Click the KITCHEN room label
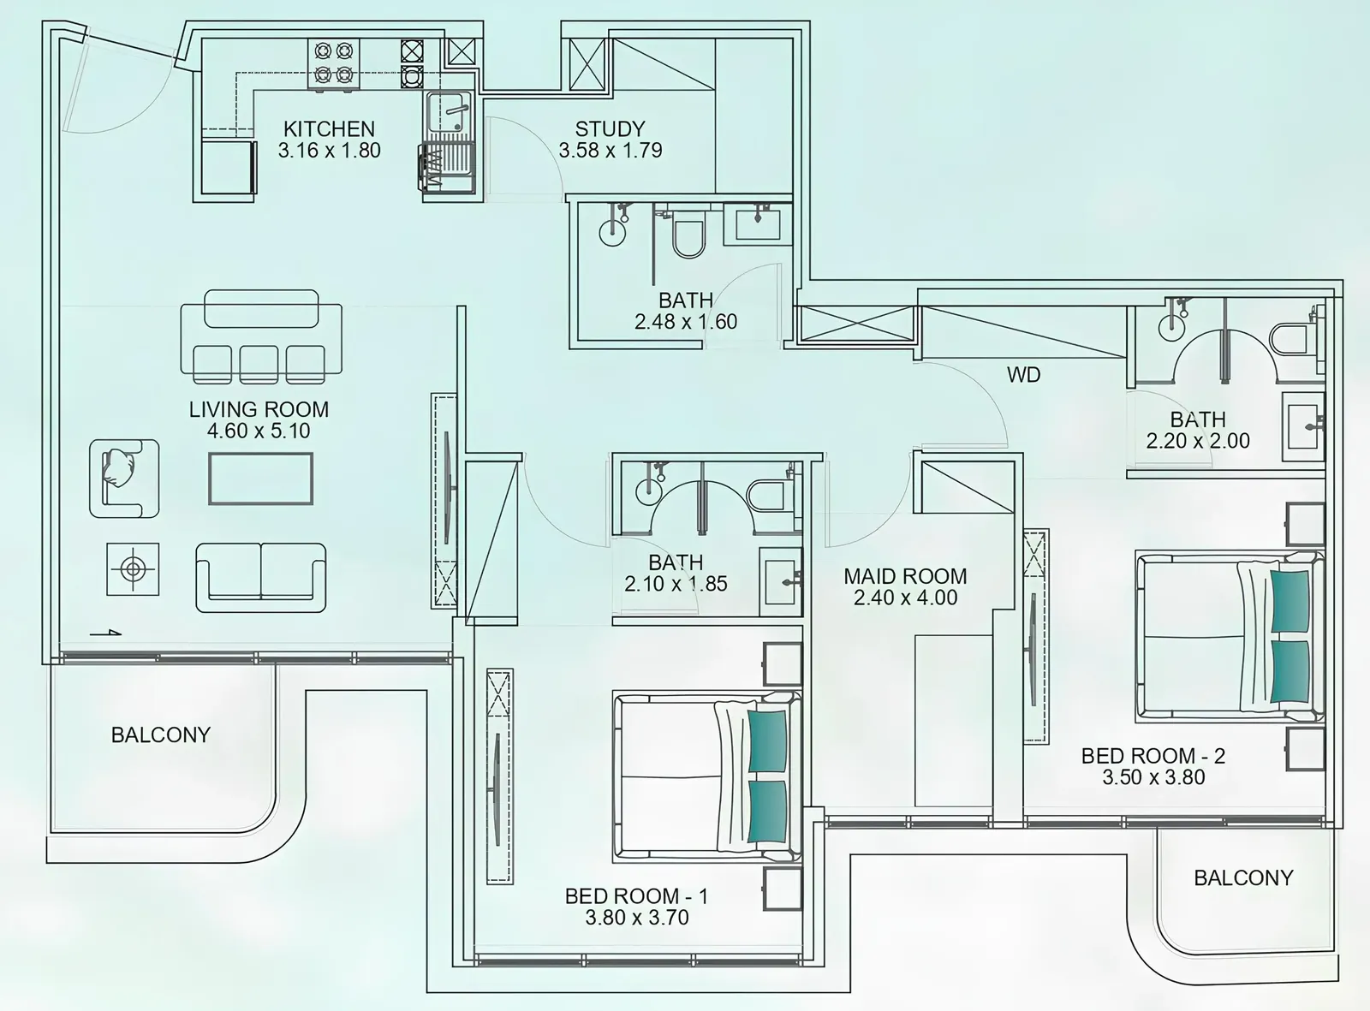329,129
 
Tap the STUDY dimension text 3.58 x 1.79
611,150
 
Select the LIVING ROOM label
259,409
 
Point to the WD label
1023,375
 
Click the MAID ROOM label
906,576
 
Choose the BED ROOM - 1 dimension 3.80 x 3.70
637,917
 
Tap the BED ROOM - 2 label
1153,756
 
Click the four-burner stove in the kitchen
334,64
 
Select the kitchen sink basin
449,112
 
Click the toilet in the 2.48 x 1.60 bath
688,235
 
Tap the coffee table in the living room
260,479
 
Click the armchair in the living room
124,479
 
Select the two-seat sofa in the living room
260,578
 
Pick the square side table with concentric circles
133,568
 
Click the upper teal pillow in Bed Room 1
768,740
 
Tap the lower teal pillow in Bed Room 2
1290,671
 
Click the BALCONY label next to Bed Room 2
1243,877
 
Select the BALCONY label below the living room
161,734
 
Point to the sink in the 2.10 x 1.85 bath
781,582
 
